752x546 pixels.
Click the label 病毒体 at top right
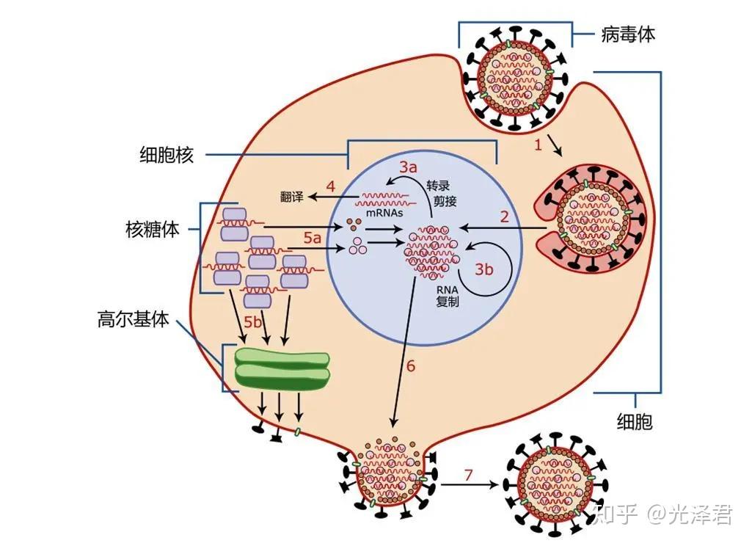pyautogui.click(x=628, y=34)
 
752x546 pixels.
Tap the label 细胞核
pyautogui.click(x=167, y=155)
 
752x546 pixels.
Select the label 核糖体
pyautogui.click(x=153, y=230)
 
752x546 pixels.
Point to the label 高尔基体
pyautogui.click(x=134, y=318)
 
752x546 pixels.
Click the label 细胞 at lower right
pyautogui.click(x=635, y=421)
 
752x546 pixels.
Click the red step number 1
pyautogui.click(x=538, y=145)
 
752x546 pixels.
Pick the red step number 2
pyautogui.click(x=504, y=217)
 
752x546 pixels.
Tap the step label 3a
pyautogui.click(x=408, y=167)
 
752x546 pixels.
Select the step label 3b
pyautogui.click(x=483, y=269)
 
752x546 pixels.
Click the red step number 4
pyautogui.click(x=330, y=186)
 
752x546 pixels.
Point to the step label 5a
pyautogui.click(x=313, y=237)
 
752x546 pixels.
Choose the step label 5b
pyautogui.click(x=252, y=321)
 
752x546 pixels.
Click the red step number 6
pyautogui.click(x=411, y=366)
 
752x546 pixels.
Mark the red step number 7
pyautogui.click(x=469, y=475)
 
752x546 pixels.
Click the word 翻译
pyautogui.click(x=292, y=197)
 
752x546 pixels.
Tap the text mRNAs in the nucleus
pyautogui.click(x=384, y=213)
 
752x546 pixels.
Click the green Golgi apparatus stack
pyautogui.click(x=282, y=369)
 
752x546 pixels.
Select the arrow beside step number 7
pyautogui.click(x=470, y=484)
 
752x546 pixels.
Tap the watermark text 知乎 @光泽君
pyautogui.click(x=663, y=515)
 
